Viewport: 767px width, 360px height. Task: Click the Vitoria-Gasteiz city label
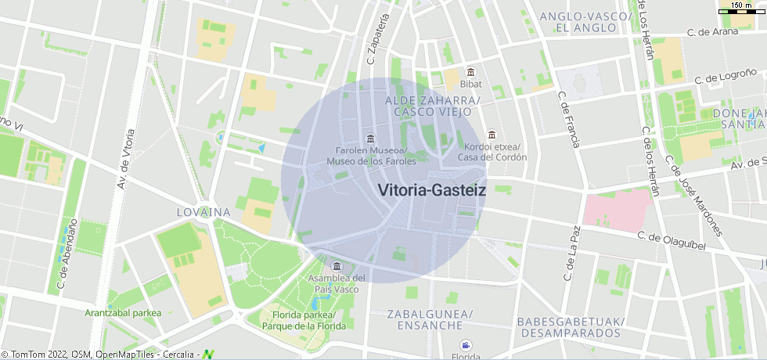(431, 189)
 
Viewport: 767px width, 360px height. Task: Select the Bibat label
(471, 84)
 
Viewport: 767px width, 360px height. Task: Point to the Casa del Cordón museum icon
(492, 134)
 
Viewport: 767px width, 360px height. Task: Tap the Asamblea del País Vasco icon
(337, 266)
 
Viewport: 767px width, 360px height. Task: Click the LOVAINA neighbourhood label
(203, 212)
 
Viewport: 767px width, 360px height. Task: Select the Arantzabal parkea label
(123, 313)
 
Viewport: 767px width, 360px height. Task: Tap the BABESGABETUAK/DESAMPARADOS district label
(570, 327)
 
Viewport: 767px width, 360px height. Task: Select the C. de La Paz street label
(571, 254)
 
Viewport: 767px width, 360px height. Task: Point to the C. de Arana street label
(713, 33)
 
